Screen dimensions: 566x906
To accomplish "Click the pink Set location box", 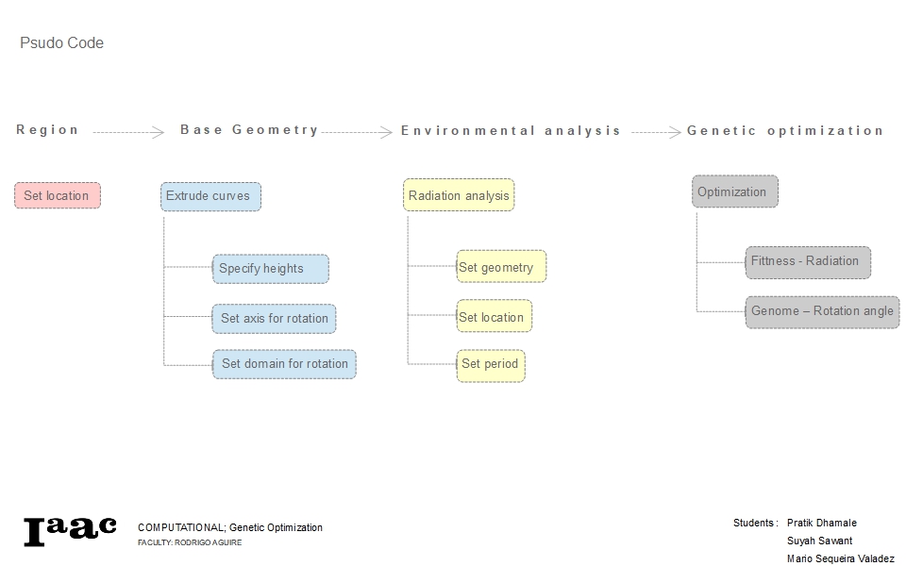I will [x=57, y=195].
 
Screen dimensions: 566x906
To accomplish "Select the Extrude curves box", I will [x=210, y=196].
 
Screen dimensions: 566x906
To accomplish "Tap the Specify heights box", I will [x=270, y=269].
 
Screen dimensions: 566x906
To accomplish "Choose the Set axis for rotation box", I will [x=274, y=319].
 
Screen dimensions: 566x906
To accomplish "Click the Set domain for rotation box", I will [x=284, y=364].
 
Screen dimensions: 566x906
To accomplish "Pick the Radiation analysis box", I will [x=459, y=195].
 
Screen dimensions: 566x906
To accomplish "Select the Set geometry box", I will [x=500, y=267].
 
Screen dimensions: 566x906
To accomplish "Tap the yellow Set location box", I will [x=494, y=317].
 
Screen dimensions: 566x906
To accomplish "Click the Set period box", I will [x=490, y=364].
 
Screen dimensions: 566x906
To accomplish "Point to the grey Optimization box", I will [x=734, y=191].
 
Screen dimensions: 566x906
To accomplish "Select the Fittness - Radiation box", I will [x=807, y=261].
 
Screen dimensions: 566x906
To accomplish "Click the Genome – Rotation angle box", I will [x=822, y=311].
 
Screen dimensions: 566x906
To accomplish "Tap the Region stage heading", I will [x=47, y=130].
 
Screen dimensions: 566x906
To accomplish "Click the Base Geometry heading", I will [x=249, y=130].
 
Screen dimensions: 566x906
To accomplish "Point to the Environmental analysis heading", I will [x=511, y=130].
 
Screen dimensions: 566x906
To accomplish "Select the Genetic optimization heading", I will [x=785, y=130].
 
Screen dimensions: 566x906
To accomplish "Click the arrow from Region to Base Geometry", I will [x=128, y=133].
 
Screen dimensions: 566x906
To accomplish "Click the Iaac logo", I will [x=70, y=530].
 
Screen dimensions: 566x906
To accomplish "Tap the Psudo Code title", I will [x=61, y=43].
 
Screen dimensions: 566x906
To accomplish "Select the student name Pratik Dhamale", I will [x=821, y=523].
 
